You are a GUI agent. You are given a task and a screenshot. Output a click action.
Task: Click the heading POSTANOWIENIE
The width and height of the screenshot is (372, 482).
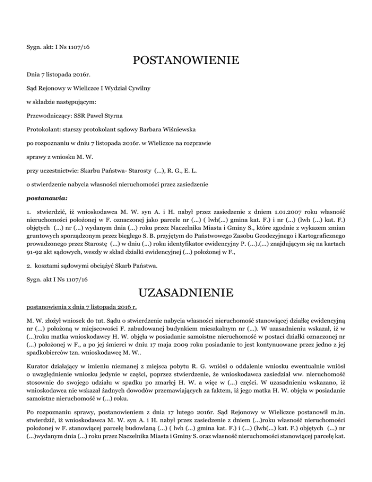click(186, 61)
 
